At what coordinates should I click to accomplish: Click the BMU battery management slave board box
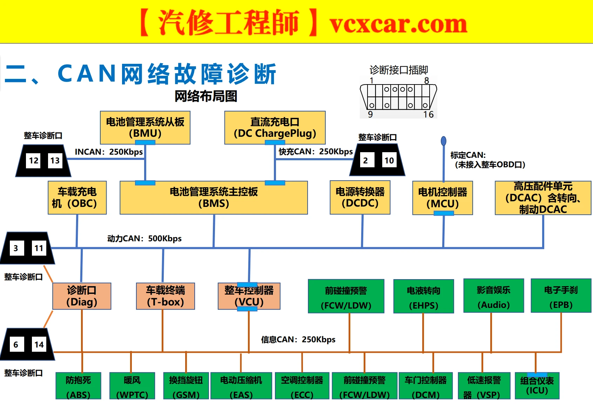point(145,127)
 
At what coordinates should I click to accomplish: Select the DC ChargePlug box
point(275,127)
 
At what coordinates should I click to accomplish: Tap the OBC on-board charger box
point(77,197)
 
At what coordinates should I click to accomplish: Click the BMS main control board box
point(214,197)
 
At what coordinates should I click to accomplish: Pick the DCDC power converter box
point(360,197)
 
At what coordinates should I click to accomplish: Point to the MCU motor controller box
point(443,198)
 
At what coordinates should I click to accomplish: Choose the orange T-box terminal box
point(166,296)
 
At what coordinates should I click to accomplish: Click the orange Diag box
point(82,296)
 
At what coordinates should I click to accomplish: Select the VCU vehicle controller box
point(249,296)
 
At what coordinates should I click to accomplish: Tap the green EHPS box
point(424,296)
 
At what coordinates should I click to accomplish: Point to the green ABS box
point(78,386)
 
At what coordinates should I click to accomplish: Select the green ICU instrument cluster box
point(537,386)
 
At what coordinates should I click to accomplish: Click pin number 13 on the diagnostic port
point(55,161)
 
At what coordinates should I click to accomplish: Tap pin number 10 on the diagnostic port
point(389,160)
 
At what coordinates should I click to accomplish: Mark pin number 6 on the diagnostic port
point(16,345)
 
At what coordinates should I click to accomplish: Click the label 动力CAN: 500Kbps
point(144,238)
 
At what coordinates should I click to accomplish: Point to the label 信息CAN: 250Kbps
point(298,339)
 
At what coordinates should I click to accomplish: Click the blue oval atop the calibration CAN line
point(444,141)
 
